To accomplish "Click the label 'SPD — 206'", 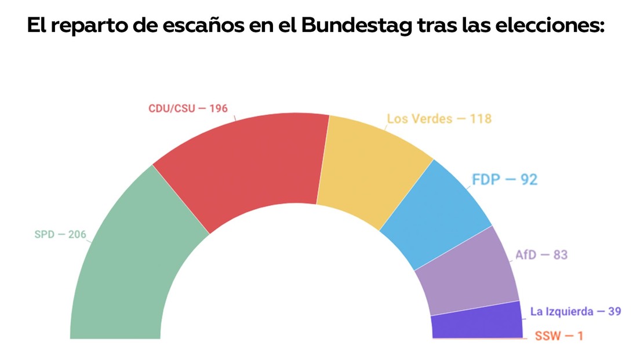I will (60, 235).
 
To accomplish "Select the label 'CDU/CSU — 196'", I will (188, 108).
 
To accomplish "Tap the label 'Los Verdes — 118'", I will (439, 119).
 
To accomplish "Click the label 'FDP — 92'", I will (504, 180).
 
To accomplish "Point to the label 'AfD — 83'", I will (541, 255).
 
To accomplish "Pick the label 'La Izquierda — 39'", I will (575, 312).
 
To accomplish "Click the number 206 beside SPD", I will (77, 235).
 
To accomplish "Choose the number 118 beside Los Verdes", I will (481, 119).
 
